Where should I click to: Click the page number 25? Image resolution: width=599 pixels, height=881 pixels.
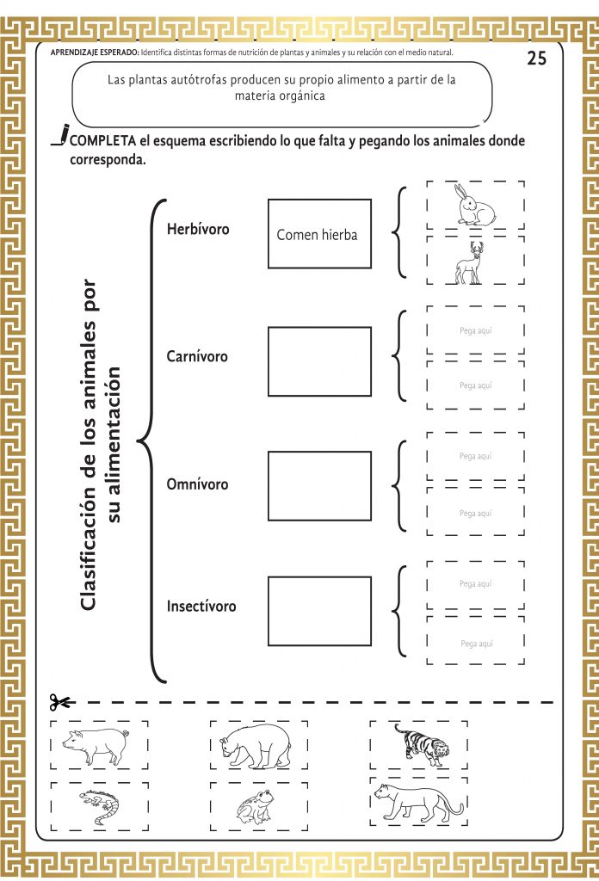tap(537, 58)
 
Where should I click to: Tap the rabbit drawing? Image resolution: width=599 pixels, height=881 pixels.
tap(476, 206)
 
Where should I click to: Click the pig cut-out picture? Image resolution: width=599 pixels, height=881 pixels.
tap(96, 745)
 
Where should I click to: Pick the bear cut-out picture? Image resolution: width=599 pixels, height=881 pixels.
tap(256, 746)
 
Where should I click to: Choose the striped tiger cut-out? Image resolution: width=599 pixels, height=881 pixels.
tap(421, 744)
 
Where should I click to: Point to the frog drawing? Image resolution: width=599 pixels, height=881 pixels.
tap(256, 807)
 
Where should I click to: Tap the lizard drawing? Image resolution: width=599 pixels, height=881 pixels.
tap(100, 806)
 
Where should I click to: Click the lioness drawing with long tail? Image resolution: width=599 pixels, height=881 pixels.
tap(418, 803)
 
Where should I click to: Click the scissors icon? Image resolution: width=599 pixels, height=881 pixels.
tap(59, 702)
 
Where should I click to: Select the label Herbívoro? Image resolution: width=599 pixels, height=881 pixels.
tap(198, 229)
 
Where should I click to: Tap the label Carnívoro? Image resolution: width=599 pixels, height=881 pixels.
tap(197, 356)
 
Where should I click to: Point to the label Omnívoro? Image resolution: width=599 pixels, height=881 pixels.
tap(197, 484)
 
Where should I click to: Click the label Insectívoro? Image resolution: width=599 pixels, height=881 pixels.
tap(201, 607)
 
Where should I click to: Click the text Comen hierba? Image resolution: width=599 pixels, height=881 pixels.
tap(317, 235)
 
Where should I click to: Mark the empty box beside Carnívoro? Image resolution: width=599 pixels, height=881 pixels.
tap(320, 362)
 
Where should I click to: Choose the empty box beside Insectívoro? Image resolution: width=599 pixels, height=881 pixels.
tap(320, 612)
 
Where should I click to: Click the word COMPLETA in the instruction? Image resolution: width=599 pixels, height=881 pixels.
tap(102, 140)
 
